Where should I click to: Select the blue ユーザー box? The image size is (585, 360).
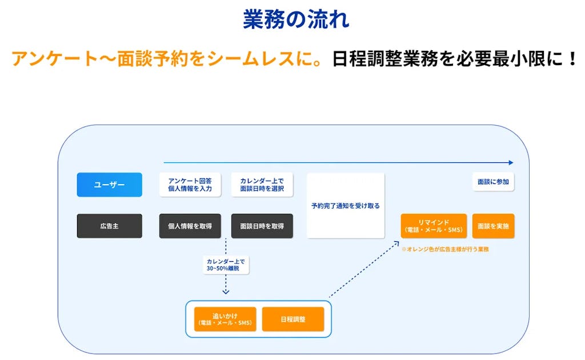(x=109, y=185)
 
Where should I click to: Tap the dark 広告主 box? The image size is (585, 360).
(x=109, y=226)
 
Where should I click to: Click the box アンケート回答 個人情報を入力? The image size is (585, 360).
(x=190, y=185)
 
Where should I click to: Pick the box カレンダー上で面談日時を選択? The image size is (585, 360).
(x=262, y=185)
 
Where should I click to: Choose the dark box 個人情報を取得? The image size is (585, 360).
(x=190, y=226)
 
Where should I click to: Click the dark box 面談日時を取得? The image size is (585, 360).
(x=262, y=226)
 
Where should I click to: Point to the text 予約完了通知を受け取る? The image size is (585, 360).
(x=345, y=206)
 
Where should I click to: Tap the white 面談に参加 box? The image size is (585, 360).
(x=493, y=182)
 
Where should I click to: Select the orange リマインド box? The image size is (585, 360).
(x=434, y=226)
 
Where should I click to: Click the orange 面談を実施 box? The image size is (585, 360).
(x=493, y=226)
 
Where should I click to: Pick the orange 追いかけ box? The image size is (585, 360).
(x=225, y=319)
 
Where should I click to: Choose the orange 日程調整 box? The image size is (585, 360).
(x=292, y=319)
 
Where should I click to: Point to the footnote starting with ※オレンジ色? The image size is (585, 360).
(x=444, y=249)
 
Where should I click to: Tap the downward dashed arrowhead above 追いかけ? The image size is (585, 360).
(x=226, y=291)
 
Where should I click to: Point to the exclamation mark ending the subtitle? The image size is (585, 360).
(x=573, y=59)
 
